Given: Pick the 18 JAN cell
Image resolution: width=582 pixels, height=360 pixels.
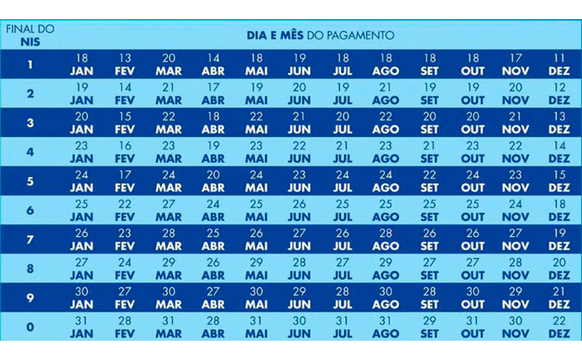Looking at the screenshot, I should pyautogui.click(x=82, y=64).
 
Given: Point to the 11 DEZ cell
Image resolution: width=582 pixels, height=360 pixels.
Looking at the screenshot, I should pyautogui.click(x=559, y=64).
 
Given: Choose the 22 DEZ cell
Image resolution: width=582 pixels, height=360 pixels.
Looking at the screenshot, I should pyautogui.click(x=559, y=326).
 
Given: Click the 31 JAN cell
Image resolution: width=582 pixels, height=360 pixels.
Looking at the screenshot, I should pyautogui.click(x=82, y=326).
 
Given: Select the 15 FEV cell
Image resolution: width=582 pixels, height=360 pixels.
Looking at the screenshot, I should pyautogui.click(x=125, y=123).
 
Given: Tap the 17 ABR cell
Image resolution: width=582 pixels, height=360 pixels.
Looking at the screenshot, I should pyautogui.click(x=212, y=93).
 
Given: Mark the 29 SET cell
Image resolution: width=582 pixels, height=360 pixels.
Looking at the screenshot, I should pyautogui.click(x=430, y=326).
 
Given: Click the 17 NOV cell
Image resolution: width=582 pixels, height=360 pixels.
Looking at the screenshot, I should pyautogui.click(x=515, y=64).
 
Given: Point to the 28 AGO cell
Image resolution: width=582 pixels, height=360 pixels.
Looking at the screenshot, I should pyautogui.click(x=386, y=239).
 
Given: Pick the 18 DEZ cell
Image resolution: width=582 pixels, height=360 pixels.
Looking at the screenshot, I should pyautogui.click(x=559, y=210).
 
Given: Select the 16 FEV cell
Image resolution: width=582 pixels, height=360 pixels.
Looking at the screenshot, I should pyautogui.click(x=125, y=152).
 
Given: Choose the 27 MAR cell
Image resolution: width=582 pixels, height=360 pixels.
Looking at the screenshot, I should pyautogui.click(x=168, y=210).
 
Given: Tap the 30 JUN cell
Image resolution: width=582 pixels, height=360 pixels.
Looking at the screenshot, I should pyautogui.click(x=299, y=326).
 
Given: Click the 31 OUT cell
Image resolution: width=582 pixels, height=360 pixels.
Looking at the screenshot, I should pyautogui.click(x=472, y=326).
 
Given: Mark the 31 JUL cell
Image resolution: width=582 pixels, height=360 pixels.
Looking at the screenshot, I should pyautogui.click(x=342, y=326).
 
